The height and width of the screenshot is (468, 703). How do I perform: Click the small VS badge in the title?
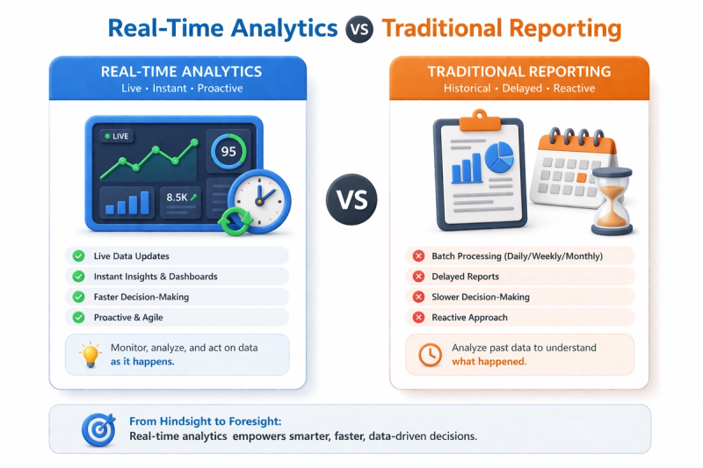tap(359, 29)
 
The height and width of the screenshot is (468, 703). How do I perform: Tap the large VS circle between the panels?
tap(351, 199)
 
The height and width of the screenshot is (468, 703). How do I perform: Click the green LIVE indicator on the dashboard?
tap(117, 136)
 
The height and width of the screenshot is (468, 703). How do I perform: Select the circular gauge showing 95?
tap(228, 151)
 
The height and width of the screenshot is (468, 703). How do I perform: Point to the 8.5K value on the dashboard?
tap(178, 198)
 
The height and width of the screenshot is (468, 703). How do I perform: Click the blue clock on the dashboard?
tap(259, 201)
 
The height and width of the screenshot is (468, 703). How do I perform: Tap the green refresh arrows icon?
tap(235, 220)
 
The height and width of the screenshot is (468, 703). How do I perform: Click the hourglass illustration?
tap(612, 201)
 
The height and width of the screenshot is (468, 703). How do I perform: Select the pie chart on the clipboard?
tap(499, 157)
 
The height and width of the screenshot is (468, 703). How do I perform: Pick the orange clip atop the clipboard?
tap(480, 120)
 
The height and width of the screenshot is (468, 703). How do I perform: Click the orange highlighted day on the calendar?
tap(582, 177)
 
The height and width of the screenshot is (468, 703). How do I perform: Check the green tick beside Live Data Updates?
tap(78, 256)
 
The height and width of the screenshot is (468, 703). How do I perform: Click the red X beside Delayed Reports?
tap(419, 277)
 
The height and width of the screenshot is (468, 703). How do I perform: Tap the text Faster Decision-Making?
tap(141, 297)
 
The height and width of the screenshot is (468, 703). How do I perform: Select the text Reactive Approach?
tap(469, 318)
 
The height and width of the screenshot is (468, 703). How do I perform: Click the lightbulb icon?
tap(91, 355)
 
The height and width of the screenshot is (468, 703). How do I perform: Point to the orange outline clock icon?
tap(430, 355)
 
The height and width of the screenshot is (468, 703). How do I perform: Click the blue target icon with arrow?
tap(98, 430)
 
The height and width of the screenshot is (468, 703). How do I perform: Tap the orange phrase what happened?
tap(489, 362)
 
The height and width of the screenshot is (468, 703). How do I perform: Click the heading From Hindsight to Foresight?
tap(206, 421)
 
